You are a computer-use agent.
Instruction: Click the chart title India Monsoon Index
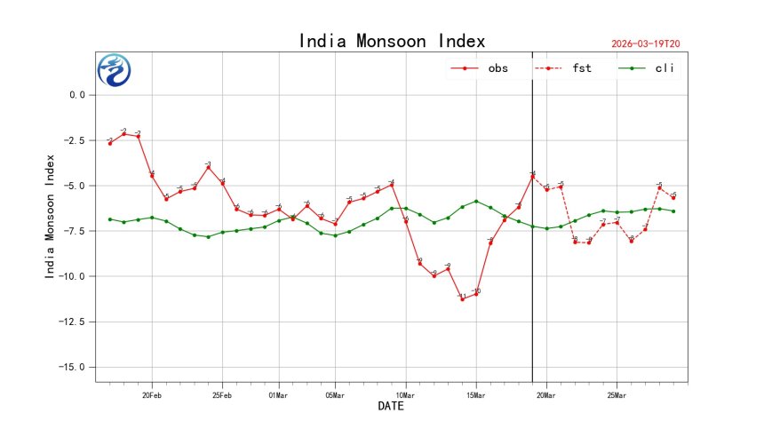click(392, 41)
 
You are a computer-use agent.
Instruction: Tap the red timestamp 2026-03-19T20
click(652, 44)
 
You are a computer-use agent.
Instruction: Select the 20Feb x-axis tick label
click(152, 393)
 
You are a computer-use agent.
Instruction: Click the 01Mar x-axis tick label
click(279, 393)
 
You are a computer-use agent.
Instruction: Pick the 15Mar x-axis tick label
click(476, 393)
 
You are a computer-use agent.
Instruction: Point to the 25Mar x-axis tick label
click(617, 393)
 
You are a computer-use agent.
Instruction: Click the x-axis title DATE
click(392, 407)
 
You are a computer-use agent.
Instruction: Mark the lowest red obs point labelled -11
click(462, 299)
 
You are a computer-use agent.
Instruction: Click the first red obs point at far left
click(110, 143)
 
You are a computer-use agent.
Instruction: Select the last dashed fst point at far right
click(673, 198)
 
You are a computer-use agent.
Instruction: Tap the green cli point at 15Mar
click(476, 201)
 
